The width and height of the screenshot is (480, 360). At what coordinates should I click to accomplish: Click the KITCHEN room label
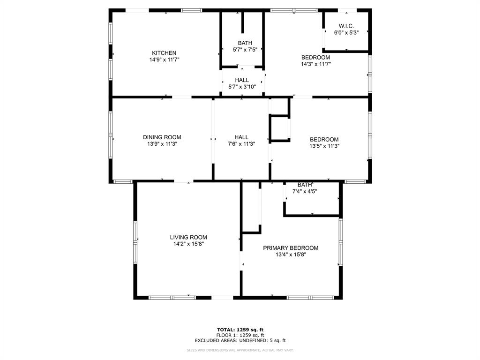(164, 53)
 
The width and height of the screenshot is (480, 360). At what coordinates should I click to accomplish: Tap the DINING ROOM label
(162, 137)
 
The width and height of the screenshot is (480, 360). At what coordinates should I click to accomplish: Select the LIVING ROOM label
(188, 237)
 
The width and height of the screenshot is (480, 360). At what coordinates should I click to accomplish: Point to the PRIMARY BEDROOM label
(290, 248)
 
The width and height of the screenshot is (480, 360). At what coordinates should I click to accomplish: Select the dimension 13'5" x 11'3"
(324, 146)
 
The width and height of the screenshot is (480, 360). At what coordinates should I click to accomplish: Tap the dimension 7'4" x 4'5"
(305, 191)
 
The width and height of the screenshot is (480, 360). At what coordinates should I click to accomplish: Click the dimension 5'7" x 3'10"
(242, 87)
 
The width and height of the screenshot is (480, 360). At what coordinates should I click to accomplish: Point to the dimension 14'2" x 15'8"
(188, 244)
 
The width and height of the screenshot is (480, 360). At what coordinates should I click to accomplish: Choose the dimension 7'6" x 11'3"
(241, 144)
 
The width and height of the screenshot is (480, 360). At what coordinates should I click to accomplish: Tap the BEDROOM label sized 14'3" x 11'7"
(315, 58)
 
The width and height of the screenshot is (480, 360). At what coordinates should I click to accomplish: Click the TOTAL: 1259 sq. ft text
(240, 330)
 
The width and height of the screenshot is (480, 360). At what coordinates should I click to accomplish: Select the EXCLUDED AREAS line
(240, 341)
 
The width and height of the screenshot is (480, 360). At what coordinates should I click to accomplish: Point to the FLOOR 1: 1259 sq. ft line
(240, 335)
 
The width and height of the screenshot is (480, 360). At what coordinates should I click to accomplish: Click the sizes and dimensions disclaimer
(240, 350)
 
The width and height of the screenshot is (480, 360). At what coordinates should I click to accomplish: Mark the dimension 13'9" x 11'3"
(162, 144)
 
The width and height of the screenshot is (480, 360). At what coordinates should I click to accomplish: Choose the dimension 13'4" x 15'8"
(290, 255)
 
